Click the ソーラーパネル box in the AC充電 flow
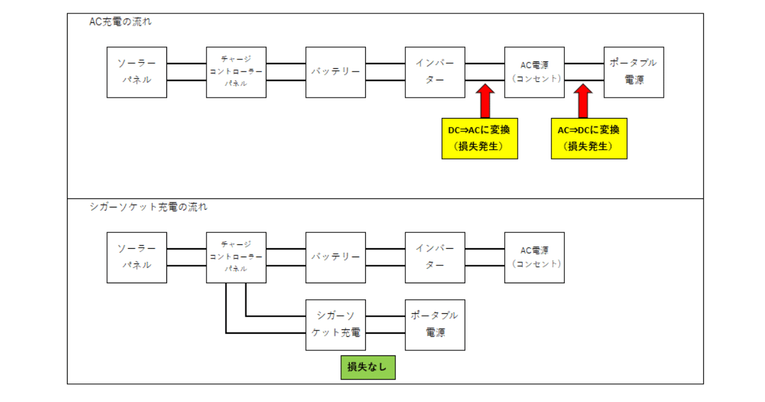tap(136, 72)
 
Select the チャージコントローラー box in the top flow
tap(236, 72)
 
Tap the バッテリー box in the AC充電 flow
tap(335, 72)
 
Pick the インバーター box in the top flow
tap(435, 72)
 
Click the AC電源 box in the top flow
tap(534, 72)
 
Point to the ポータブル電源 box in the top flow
tap(634, 72)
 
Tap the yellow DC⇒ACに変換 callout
tap(479, 138)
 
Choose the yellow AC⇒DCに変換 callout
tap(589, 138)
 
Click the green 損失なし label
tap(367, 368)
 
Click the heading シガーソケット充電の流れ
tap(149, 207)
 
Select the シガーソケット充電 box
tap(335, 324)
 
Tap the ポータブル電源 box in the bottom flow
tap(435, 324)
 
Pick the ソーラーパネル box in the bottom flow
tap(136, 257)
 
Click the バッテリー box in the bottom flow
tap(335, 257)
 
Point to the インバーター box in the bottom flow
tap(435, 257)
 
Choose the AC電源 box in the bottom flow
tap(534, 257)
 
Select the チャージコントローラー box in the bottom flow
tap(236, 257)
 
